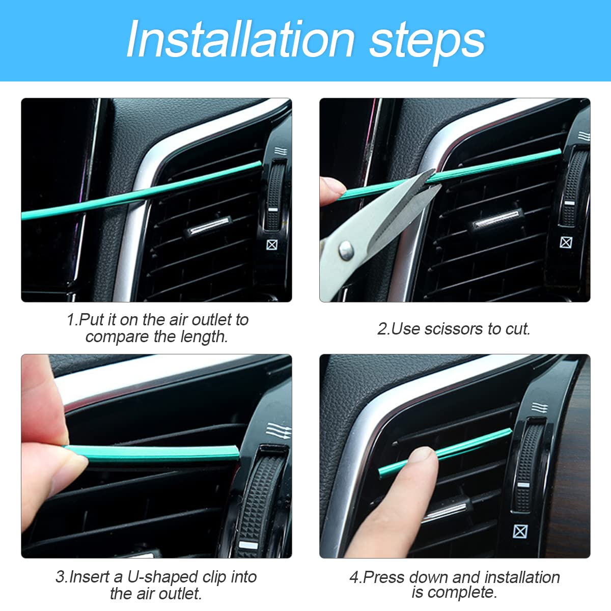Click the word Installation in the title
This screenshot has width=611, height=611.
240,40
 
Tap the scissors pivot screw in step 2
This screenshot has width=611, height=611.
346,249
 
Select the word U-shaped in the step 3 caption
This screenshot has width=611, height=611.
162,577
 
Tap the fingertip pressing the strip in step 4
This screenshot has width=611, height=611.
422,456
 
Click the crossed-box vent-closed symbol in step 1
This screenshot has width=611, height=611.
272,245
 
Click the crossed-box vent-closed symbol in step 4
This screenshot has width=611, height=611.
520,532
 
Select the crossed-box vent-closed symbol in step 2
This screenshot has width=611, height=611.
566,242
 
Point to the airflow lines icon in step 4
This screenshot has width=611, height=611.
539,408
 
